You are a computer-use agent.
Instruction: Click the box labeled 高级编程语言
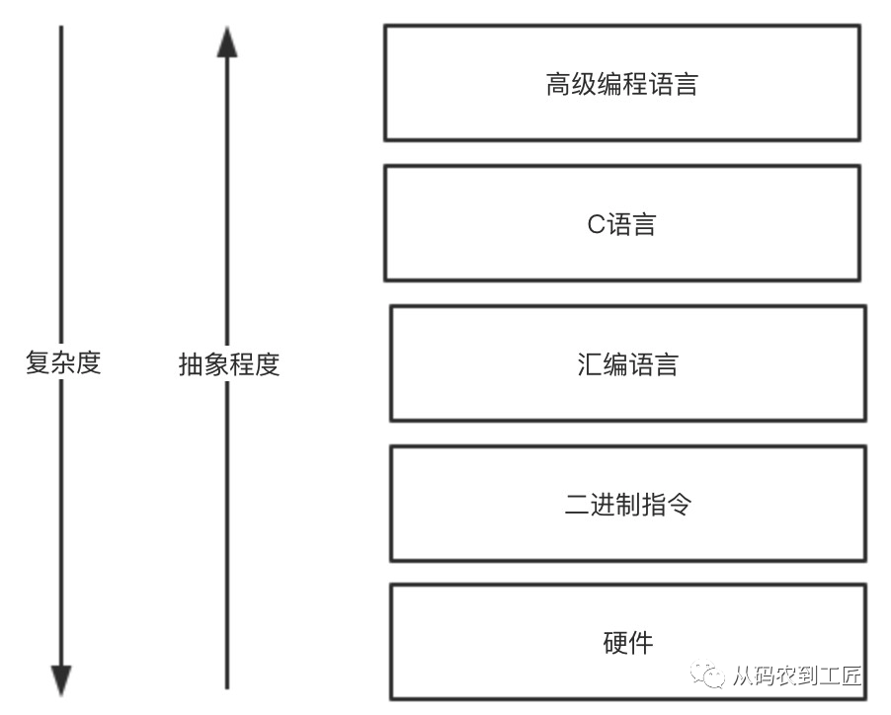pyautogui.click(x=621, y=83)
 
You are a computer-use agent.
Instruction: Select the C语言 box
pyautogui.click(x=621, y=223)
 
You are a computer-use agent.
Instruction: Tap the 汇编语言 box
pyautogui.click(x=627, y=364)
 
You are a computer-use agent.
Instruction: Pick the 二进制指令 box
pyautogui.click(x=627, y=505)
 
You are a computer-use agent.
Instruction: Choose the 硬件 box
pyautogui.click(x=627, y=642)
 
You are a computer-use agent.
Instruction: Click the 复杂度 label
pyautogui.click(x=63, y=363)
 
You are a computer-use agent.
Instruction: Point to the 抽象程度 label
pyautogui.click(x=229, y=364)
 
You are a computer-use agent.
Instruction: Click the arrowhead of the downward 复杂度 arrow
pyautogui.click(x=61, y=679)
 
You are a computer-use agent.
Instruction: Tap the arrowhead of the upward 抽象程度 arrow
pyautogui.click(x=227, y=41)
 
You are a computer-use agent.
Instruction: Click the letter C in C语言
pyautogui.click(x=596, y=224)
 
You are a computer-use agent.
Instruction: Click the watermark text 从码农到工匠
pyautogui.click(x=797, y=676)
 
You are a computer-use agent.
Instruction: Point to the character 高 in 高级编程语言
pyautogui.click(x=558, y=84)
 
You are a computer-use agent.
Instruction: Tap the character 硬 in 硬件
pyautogui.click(x=614, y=643)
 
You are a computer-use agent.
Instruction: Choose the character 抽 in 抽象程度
pyautogui.click(x=191, y=364)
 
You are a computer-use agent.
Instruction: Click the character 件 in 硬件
pyautogui.click(x=640, y=643)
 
